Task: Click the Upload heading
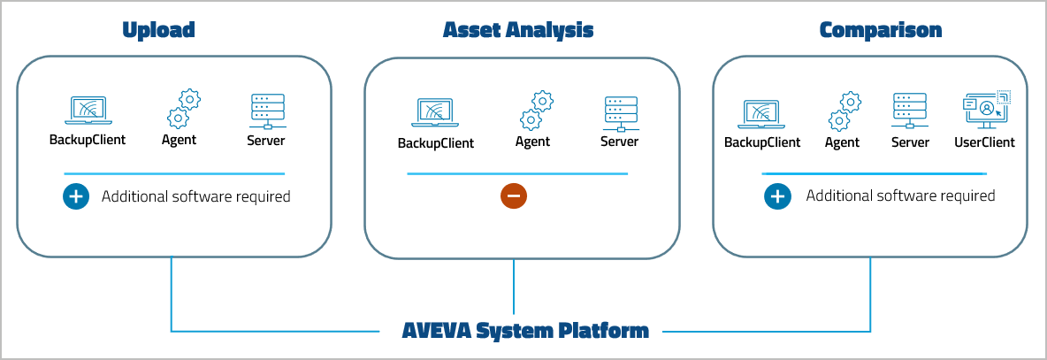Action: pyautogui.click(x=158, y=30)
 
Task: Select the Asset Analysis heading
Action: pyautogui.click(x=517, y=30)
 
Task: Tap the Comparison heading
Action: pyautogui.click(x=880, y=30)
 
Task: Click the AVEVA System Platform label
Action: pyautogui.click(x=525, y=332)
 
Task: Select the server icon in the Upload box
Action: pyautogui.click(x=267, y=111)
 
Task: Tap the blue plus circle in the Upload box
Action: pyautogui.click(x=76, y=196)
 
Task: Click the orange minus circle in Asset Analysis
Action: pyautogui.click(x=513, y=195)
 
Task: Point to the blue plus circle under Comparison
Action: pyautogui.click(x=777, y=196)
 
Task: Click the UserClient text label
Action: pyautogui.click(x=984, y=142)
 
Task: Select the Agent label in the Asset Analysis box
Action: pyautogui.click(x=532, y=142)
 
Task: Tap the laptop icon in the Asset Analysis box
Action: pyautogui.click(x=435, y=113)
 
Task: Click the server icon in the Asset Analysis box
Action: pyautogui.click(x=619, y=112)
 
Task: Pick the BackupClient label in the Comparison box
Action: pyautogui.click(x=762, y=142)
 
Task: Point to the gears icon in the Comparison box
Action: pyautogui.click(x=844, y=111)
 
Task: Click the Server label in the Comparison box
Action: pyautogui.click(x=910, y=142)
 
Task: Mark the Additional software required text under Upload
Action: pyautogui.click(x=195, y=196)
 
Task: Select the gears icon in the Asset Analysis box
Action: pyautogui.click(x=536, y=111)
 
